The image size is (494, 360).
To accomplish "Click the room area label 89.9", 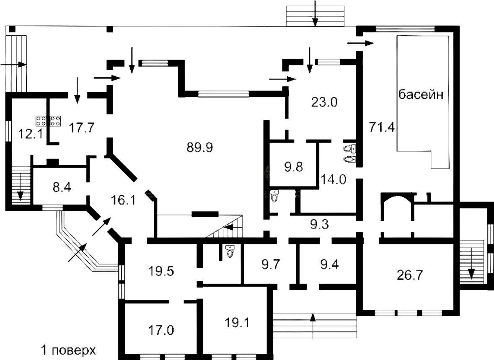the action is point(200,148).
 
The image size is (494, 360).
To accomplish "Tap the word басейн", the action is point(421,94).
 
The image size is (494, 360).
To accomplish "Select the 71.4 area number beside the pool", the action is point(382,127).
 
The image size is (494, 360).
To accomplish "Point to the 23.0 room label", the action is point(324,102).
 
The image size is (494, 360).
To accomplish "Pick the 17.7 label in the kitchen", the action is point(81,128).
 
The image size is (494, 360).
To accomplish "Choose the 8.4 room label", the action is point(62,188).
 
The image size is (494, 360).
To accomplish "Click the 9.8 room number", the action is point(294,166).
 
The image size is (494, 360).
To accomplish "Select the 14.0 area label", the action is point(334,180).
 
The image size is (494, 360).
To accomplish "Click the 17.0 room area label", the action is point(160,330).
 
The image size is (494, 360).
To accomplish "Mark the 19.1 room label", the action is point(237,322).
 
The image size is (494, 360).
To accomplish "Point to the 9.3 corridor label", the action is point(319,225).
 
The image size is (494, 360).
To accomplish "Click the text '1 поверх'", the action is point(68,350).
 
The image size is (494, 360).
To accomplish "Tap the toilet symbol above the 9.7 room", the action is point(230,251).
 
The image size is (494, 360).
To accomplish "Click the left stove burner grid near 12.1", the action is point(41,120).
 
